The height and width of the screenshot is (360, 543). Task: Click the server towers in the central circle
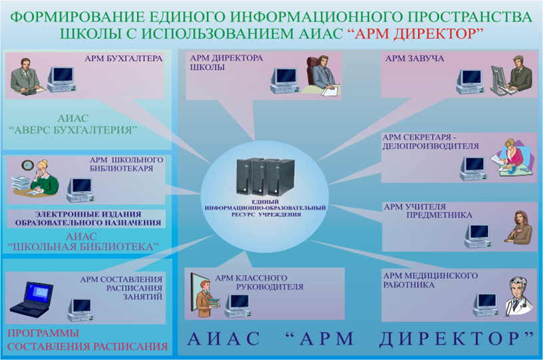click(266, 177)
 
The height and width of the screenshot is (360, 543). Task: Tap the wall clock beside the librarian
click(27, 165)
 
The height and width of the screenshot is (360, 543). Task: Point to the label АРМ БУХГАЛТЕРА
click(123, 59)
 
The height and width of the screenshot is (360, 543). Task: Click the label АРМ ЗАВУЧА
click(415, 59)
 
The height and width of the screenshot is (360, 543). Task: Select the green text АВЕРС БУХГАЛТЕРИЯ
click(73, 130)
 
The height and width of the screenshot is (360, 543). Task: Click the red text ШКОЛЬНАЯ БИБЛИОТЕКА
click(83, 247)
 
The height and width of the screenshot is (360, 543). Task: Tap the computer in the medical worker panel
click(486, 305)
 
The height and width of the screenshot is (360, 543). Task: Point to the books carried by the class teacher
click(214, 303)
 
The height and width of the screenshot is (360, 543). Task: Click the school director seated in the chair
click(322, 75)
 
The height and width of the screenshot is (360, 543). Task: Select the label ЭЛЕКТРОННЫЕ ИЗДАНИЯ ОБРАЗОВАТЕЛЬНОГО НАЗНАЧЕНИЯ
click(88, 218)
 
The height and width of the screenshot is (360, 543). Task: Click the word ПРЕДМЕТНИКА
click(439, 216)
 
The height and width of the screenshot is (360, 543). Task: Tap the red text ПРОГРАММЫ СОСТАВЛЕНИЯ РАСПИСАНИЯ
click(87, 340)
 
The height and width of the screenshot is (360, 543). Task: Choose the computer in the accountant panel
click(62, 79)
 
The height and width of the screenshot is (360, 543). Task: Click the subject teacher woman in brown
click(519, 227)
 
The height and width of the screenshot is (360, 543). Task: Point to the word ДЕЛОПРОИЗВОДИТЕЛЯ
click(431, 146)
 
